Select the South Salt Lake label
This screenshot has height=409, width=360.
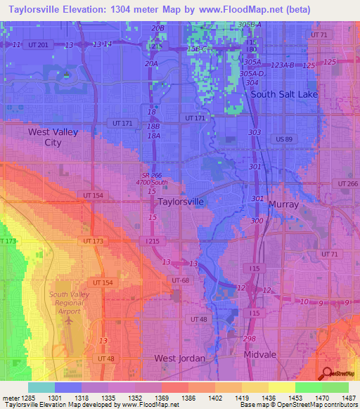[x=284, y=94]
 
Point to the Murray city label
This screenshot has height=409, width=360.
[x=283, y=204]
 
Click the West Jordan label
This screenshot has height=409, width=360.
[x=179, y=358]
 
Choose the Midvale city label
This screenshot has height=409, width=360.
[x=261, y=355]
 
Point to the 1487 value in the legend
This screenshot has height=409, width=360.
[x=349, y=398]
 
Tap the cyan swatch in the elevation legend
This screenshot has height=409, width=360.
[x=41, y=387]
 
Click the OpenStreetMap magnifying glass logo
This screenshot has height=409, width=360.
[x=327, y=373]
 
